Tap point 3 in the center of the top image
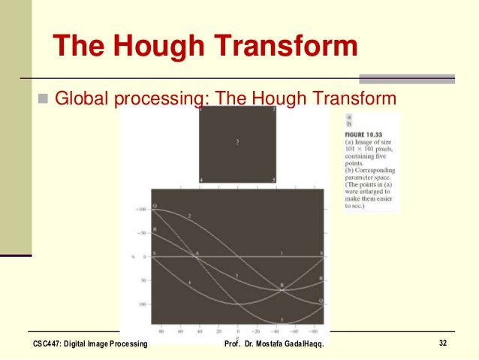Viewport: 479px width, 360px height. pos(237,141)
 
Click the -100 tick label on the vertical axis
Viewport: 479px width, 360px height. pos(140,209)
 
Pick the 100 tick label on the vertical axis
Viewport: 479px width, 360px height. pos(141,304)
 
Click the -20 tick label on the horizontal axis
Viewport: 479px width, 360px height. pos(257,329)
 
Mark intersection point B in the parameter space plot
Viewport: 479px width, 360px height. pos(282,285)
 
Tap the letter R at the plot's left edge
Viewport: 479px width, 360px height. pos(155,228)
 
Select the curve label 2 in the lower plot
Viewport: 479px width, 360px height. pos(189,216)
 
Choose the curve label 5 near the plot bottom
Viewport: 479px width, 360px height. pos(282,319)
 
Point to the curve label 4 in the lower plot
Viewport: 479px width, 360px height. pos(189,281)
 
